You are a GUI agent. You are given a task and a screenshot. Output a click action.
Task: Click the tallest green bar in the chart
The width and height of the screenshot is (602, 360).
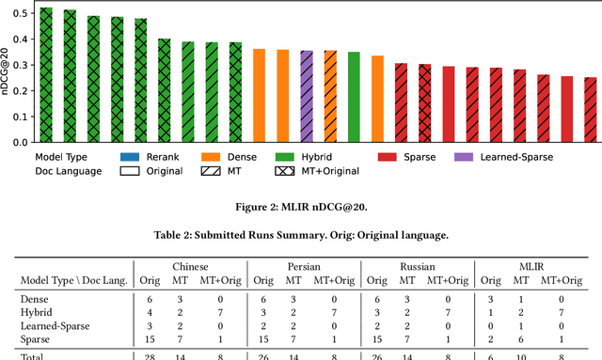point(46,75)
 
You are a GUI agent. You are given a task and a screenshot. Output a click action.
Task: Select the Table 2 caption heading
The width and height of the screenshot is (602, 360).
point(301,236)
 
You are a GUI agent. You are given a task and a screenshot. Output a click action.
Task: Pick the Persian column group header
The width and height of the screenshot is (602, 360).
point(300,267)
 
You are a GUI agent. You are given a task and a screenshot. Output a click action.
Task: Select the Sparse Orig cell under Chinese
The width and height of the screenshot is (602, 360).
point(150,338)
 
